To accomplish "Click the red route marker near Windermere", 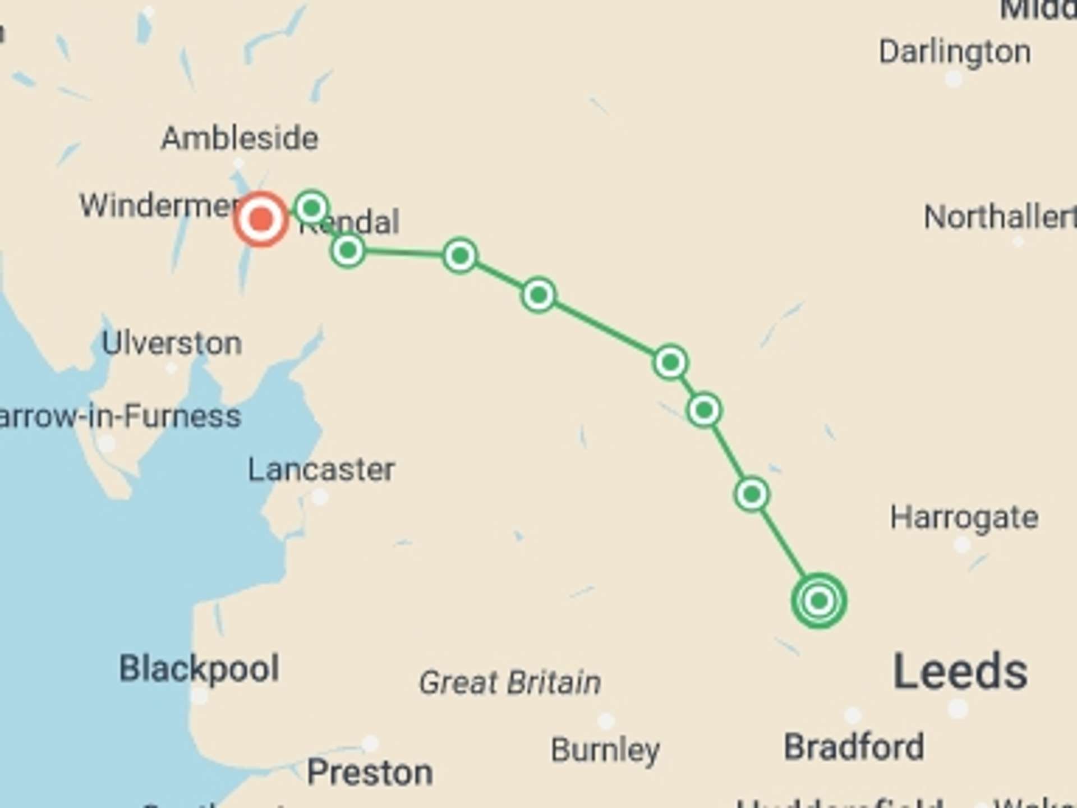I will [x=261, y=219].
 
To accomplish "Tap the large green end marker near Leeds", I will [x=818, y=601].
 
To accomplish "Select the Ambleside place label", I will [x=240, y=138].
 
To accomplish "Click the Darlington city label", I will [x=954, y=52].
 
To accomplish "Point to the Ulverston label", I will [x=172, y=343].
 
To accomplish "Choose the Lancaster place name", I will [x=321, y=469].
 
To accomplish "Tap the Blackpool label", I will [x=199, y=668].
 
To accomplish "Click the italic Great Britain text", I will [x=510, y=682].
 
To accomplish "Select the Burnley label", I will [x=605, y=750].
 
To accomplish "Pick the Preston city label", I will [x=370, y=773].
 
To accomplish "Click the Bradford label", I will [x=854, y=747].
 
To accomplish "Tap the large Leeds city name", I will [x=960, y=671].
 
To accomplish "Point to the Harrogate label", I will [x=964, y=517].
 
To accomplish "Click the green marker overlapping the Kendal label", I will [x=348, y=250].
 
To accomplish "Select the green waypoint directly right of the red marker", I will [x=312, y=208].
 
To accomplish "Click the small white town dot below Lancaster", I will [x=320, y=497].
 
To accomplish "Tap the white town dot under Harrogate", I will [x=962, y=544].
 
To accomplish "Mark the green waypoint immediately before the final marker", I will [x=751, y=494].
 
